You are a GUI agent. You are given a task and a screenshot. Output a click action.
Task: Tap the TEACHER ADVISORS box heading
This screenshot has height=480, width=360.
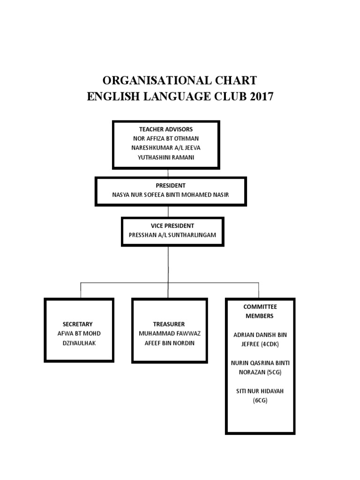(x=166, y=129)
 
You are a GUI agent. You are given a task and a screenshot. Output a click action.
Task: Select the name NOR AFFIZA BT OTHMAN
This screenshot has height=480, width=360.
(x=166, y=138)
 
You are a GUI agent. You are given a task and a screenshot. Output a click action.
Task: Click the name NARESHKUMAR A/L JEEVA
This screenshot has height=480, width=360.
(x=166, y=148)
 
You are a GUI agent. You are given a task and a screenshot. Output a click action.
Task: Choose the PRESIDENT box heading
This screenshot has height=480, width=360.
(x=171, y=185)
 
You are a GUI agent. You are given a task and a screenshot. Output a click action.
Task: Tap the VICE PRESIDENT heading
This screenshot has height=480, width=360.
(x=169, y=225)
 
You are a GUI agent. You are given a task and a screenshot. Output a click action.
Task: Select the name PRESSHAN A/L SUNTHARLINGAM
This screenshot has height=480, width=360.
(x=169, y=235)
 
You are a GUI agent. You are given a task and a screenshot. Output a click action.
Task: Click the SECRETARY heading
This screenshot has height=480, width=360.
(x=78, y=324)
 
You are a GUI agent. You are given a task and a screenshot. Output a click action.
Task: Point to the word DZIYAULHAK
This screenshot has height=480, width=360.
(x=78, y=343)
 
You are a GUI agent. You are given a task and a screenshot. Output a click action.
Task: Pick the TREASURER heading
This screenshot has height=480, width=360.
(x=169, y=324)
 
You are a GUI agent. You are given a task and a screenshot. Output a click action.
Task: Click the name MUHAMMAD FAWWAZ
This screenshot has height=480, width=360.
(x=169, y=333)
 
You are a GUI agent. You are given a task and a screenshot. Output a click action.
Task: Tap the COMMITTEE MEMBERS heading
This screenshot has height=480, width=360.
(x=260, y=311)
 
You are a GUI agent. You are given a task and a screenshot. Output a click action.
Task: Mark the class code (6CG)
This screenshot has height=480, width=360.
(x=260, y=400)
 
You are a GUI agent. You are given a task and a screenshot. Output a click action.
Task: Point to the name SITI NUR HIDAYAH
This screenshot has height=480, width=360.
(x=260, y=391)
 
